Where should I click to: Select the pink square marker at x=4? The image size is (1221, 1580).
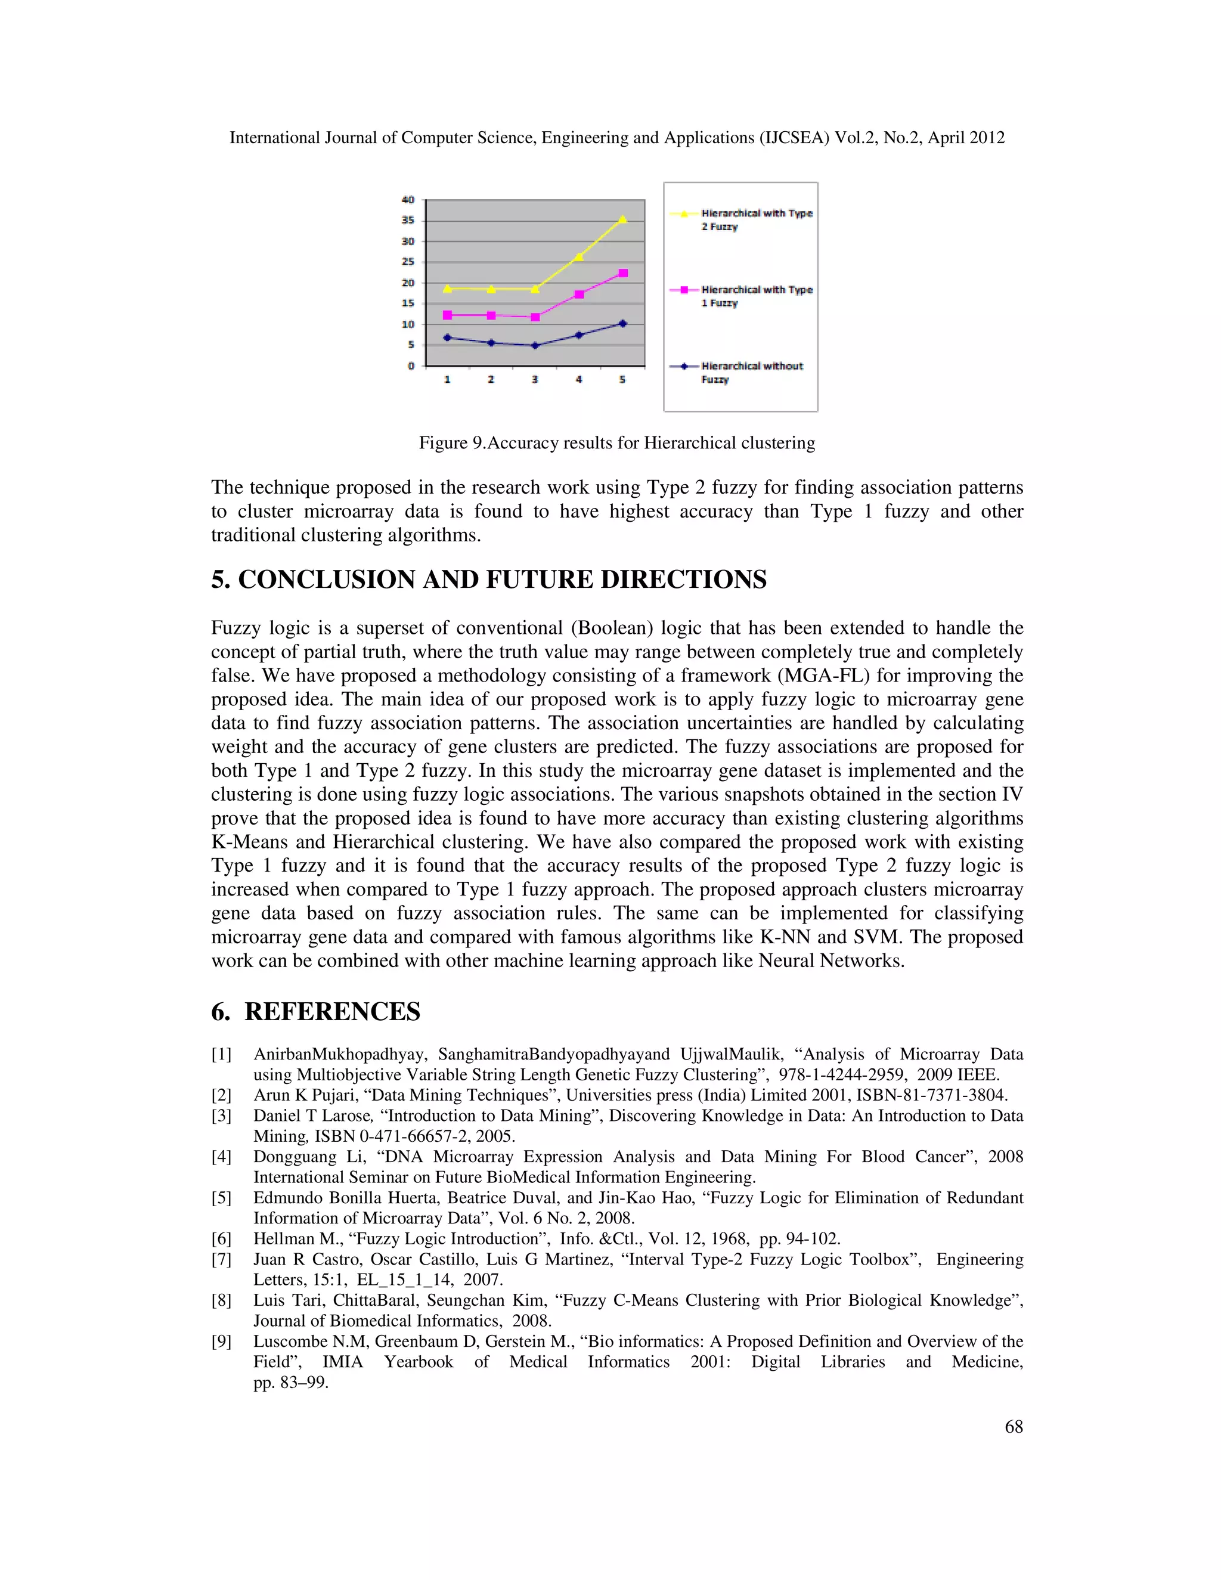click(x=579, y=295)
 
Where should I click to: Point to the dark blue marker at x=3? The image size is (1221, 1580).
click(x=535, y=346)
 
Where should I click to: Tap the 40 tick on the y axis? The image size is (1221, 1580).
click(x=408, y=200)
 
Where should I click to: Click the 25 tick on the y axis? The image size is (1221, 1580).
click(x=408, y=262)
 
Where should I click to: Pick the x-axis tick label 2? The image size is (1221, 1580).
click(x=491, y=380)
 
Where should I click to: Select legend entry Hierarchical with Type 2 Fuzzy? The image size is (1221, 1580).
click(x=756, y=220)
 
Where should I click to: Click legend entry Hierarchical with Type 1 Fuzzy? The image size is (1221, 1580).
click(x=756, y=296)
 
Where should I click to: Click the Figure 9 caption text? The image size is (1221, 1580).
click(x=616, y=443)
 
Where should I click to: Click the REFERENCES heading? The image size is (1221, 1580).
click(x=332, y=1011)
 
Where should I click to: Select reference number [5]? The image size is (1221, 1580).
click(x=221, y=1198)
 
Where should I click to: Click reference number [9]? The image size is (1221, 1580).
click(x=221, y=1342)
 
